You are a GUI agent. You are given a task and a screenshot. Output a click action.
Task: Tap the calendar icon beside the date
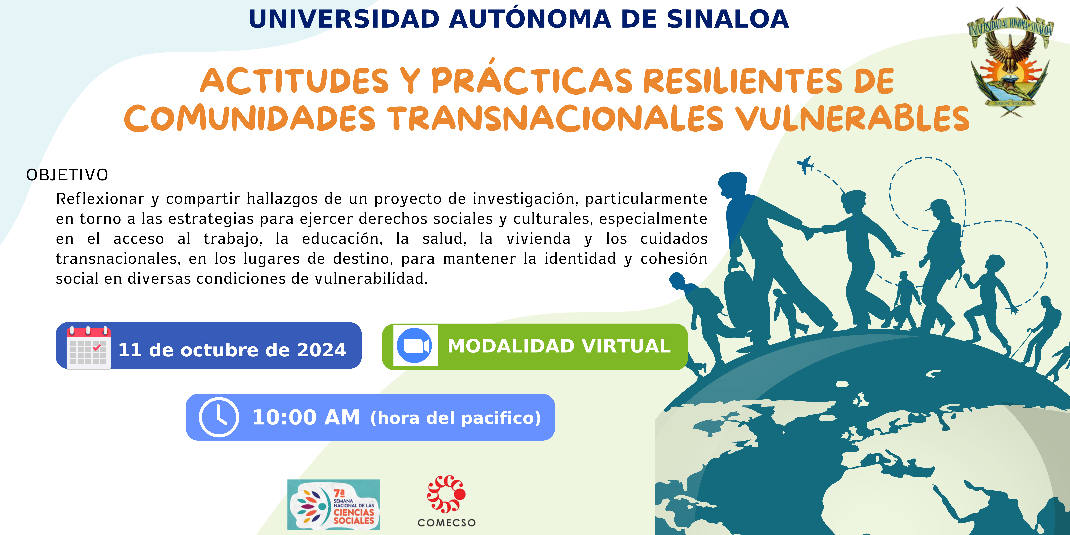89,348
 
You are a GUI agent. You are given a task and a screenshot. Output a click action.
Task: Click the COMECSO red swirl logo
446,494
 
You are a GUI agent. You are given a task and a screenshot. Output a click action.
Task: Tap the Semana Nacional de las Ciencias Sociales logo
334,505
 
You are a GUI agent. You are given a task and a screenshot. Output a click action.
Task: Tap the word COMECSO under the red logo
446,523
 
